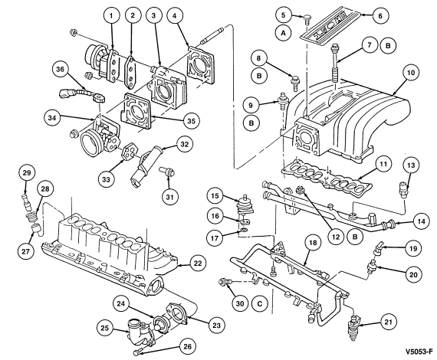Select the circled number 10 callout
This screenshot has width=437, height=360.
click(411, 73)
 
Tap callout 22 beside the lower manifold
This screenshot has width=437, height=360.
click(198, 263)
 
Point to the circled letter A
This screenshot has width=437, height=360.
click(283, 33)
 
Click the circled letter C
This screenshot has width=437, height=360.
click(259, 303)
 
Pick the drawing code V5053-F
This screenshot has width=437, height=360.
click(419, 352)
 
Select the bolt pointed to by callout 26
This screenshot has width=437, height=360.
click(140, 352)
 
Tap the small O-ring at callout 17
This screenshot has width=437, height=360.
click(244, 230)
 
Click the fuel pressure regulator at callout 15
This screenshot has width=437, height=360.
click(243, 205)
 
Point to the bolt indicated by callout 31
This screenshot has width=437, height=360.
click(167, 172)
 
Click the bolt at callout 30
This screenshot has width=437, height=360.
click(225, 283)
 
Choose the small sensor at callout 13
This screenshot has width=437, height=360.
click(404, 190)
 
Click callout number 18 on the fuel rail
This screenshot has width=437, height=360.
click(313, 243)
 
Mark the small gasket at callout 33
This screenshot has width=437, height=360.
click(130, 151)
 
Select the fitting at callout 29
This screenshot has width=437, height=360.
click(26, 202)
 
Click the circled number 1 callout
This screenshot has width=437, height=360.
click(111, 16)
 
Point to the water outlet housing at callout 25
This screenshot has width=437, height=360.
click(139, 332)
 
